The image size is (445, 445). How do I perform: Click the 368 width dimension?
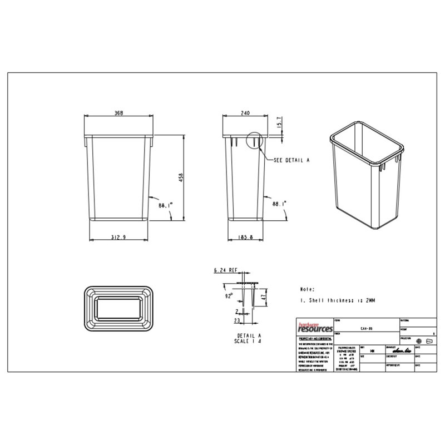(x=118, y=112)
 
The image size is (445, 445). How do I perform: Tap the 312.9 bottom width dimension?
(x=118, y=238)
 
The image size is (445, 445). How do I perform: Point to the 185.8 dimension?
(x=246, y=238)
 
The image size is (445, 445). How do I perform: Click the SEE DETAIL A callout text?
(x=291, y=160)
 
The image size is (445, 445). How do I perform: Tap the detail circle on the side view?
(x=253, y=141)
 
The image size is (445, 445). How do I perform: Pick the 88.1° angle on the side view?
(x=279, y=204)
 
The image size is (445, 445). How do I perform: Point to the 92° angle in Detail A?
(x=229, y=296)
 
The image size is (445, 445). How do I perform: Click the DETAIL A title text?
(x=248, y=336)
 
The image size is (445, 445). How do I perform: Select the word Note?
(x=307, y=290)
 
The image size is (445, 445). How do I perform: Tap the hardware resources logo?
(x=314, y=328)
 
